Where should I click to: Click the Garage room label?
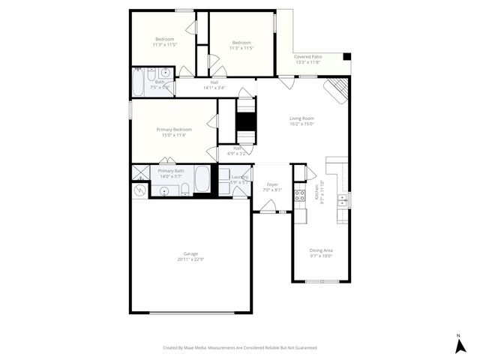point(190,254)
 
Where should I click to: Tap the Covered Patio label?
point(307,57)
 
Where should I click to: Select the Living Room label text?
point(301,118)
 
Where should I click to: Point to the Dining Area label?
point(321,250)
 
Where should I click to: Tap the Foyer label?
point(272,184)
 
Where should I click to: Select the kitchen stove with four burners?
point(299,196)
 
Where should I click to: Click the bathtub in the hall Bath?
point(139,82)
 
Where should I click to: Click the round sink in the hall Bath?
point(164,73)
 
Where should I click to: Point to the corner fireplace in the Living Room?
point(337,91)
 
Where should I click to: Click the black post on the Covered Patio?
point(346,56)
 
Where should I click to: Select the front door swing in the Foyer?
point(266,205)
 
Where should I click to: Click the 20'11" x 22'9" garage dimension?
point(190,259)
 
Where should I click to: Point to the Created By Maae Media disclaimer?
point(240,348)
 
